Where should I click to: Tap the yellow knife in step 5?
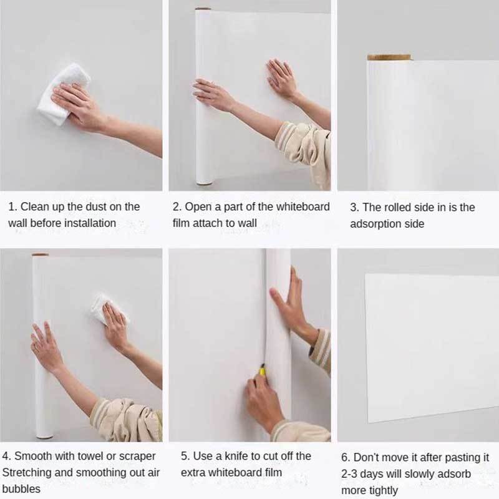[263, 371]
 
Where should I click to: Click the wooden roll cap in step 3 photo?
[389, 57]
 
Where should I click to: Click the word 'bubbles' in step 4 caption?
[21, 489]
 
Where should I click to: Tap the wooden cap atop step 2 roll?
[203, 9]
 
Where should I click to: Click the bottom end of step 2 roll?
[204, 183]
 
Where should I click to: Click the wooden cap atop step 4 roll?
[40, 254]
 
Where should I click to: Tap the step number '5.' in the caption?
[185, 456]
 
